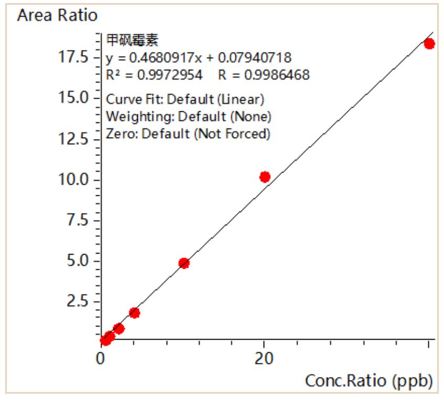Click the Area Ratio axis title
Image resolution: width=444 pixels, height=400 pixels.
(57, 16)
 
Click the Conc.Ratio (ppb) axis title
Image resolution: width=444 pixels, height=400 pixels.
(369, 381)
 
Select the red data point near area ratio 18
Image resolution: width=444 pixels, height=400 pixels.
(429, 44)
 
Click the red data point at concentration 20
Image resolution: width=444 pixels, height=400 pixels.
(265, 177)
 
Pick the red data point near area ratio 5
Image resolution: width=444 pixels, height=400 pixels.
(183, 263)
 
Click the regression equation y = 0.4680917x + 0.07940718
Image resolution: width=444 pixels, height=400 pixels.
(199, 57)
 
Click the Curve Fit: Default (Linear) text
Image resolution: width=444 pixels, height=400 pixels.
(185, 99)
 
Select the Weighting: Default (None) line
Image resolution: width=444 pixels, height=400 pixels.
(189, 116)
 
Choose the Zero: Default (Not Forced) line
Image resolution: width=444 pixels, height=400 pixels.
(188, 133)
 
